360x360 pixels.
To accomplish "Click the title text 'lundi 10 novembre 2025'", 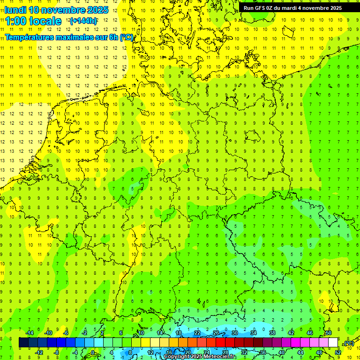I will [x=57, y=10].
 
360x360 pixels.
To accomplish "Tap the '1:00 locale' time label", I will [x=34, y=21].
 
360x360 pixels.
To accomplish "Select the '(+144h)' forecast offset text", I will [x=83, y=21].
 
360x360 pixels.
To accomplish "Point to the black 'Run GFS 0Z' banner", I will [x=292, y=7].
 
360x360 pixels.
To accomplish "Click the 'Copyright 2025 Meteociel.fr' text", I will [x=199, y=356].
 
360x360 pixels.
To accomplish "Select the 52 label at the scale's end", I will [x=338, y=352].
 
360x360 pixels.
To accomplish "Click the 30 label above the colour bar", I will [x=235, y=333].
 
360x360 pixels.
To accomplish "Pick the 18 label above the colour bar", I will [x=179, y=333].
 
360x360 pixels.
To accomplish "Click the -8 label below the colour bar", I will [x=57, y=352].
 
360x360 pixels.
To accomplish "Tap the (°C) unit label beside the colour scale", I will [x=349, y=343].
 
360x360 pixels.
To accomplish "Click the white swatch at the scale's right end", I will [x=333, y=343].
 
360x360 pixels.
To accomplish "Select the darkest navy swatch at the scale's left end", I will [x=23, y=343].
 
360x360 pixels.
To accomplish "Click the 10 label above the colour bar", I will [x=141, y=333].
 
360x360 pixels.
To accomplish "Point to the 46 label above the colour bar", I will [x=310, y=333].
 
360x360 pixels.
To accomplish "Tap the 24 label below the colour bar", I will [x=207, y=352].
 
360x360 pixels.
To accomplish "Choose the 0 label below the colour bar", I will [x=94, y=352].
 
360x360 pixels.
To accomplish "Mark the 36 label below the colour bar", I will [x=263, y=352].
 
